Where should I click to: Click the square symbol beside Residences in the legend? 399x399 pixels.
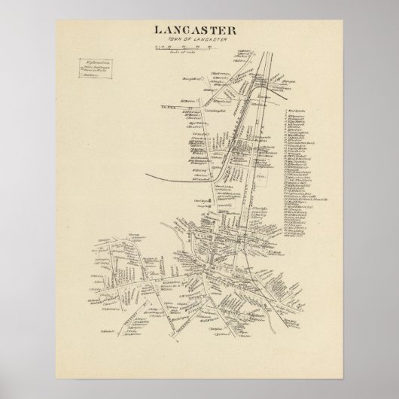(84, 75)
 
